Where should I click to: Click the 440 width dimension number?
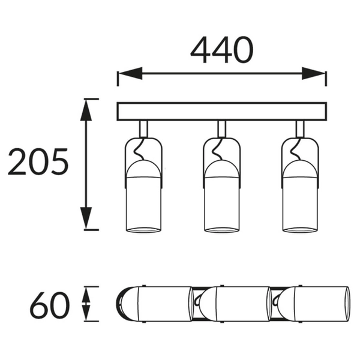click(x=222, y=50)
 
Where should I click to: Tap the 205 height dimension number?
click(x=38, y=161)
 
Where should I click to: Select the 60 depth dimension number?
click(x=50, y=305)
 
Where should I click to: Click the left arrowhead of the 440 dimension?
click(x=131, y=73)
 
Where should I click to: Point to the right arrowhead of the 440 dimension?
click(x=313, y=73)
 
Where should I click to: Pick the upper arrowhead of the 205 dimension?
click(x=86, y=110)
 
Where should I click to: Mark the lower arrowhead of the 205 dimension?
click(x=86, y=218)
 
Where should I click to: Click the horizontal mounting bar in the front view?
click(x=222, y=112)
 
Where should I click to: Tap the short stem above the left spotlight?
click(x=144, y=129)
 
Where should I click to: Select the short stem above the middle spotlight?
click(x=222, y=129)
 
